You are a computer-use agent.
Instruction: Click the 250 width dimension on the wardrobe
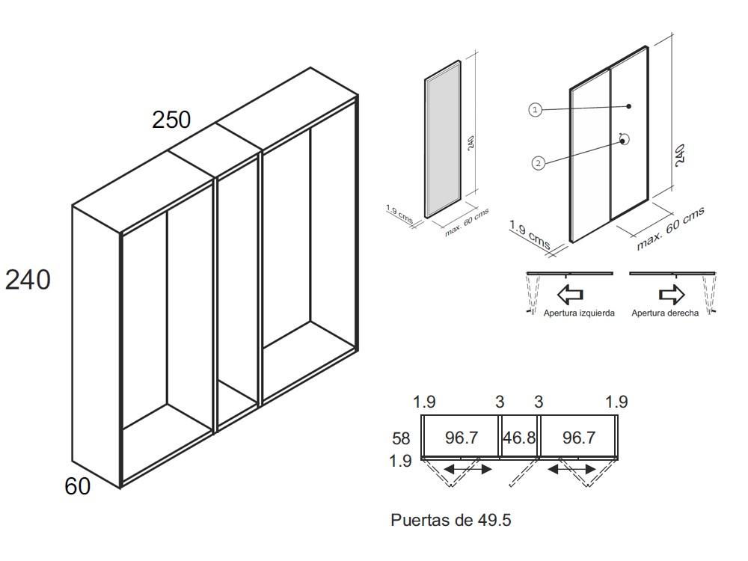pyautogui.click(x=171, y=119)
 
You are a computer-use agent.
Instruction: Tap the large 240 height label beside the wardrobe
pyautogui.click(x=28, y=280)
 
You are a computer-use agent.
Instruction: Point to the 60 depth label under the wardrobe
pyautogui.click(x=77, y=486)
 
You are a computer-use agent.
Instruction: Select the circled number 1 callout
pyautogui.click(x=536, y=110)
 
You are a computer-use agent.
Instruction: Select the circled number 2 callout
pyautogui.click(x=538, y=163)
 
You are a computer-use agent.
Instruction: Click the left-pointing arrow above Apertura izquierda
pyautogui.click(x=570, y=294)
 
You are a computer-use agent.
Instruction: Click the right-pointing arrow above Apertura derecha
pyautogui.click(x=672, y=294)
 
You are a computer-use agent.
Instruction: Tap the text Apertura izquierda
pyautogui.click(x=579, y=313)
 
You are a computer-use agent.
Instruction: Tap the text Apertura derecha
pyautogui.click(x=665, y=313)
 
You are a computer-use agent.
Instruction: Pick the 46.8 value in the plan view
pyautogui.click(x=519, y=437)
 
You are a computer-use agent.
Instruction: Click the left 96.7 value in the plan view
pyautogui.click(x=462, y=437)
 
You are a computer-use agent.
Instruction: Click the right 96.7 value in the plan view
pyautogui.click(x=579, y=437)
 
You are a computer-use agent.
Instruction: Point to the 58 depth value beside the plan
pyautogui.click(x=401, y=438)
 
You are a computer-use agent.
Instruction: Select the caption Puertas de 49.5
pyautogui.click(x=451, y=520)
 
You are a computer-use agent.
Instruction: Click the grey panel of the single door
pyautogui.click(x=443, y=139)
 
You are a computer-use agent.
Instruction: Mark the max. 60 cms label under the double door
pyautogui.click(x=671, y=228)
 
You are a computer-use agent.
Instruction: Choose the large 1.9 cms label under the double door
pyautogui.click(x=530, y=235)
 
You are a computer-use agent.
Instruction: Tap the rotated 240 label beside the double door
pyautogui.click(x=681, y=155)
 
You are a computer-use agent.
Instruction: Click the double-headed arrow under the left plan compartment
pyautogui.click(x=467, y=470)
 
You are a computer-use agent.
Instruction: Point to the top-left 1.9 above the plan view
pyautogui.click(x=425, y=402)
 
